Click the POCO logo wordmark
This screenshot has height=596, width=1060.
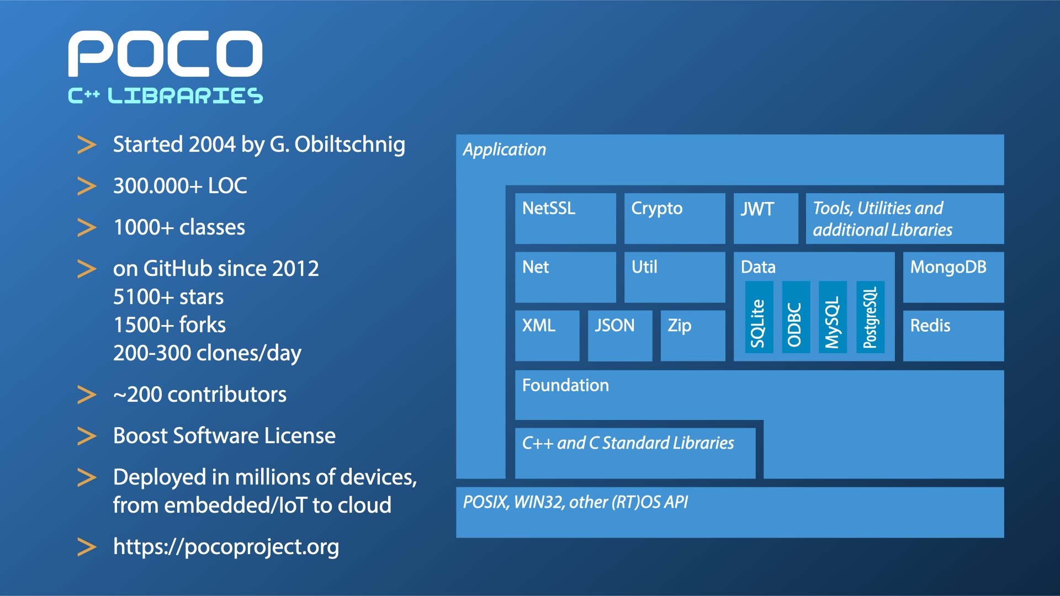[x=165, y=54]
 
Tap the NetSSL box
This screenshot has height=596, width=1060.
[x=565, y=219]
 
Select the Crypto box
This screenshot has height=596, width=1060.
[x=675, y=219]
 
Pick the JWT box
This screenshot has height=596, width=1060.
[x=766, y=219]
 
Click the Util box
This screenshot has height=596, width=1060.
[x=675, y=277]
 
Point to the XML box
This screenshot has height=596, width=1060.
[x=547, y=336]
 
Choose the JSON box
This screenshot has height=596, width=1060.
[x=620, y=336]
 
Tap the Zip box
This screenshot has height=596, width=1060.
[x=693, y=336]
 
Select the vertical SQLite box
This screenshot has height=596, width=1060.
[x=759, y=317]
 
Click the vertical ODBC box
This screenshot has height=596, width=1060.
[x=796, y=317]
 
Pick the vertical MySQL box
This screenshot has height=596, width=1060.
[x=833, y=317]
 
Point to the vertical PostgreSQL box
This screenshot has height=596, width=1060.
[x=870, y=317]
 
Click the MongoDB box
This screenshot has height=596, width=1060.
[x=953, y=277]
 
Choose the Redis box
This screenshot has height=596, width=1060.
[x=953, y=336]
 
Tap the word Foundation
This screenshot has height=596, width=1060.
[x=565, y=385]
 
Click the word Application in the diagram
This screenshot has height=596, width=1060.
[x=505, y=150]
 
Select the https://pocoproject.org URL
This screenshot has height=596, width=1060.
[x=226, y=547]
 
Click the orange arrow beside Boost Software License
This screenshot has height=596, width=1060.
[x=87, y=436]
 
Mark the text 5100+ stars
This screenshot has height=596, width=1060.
[x=168, y=297]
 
